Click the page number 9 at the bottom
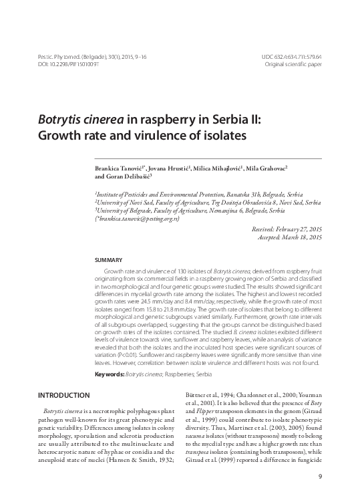pos(321,476)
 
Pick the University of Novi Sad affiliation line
pos(208,201)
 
